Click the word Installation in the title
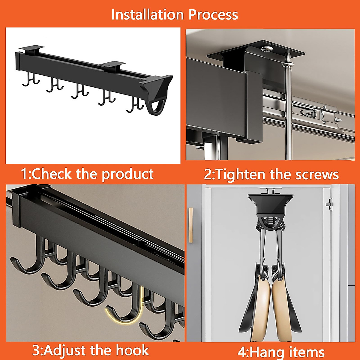(148, 15)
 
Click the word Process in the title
(213, 15)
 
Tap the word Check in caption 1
(52, 174)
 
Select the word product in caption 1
(127, 175)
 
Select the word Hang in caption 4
(266, 352)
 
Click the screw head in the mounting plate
(267, 49)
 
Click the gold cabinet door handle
(190, 225)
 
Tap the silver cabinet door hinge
(329, 204)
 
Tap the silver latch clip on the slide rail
(307, 112)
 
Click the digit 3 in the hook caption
(36, 350)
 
